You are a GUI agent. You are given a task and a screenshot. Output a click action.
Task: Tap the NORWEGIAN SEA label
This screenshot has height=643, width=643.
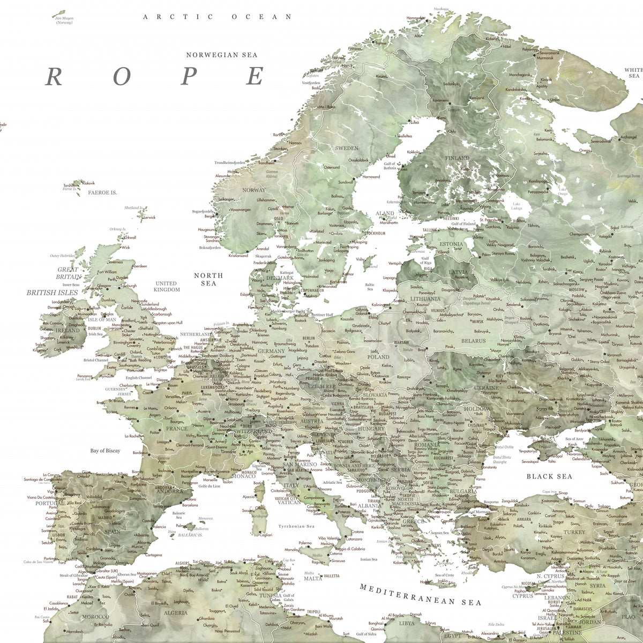[x=221, y=55]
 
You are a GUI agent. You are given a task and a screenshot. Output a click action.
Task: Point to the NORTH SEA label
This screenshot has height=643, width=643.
[x=208, y=279]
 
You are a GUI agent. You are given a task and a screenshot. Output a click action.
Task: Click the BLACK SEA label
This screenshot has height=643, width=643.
[x=549, y=476]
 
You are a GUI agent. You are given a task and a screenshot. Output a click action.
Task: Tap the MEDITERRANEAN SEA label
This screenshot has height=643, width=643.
[x=421, y=595]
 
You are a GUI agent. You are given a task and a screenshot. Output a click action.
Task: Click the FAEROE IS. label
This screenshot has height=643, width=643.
[x=102, y=192]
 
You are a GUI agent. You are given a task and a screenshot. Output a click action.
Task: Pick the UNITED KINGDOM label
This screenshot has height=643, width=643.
[x=166, y=286]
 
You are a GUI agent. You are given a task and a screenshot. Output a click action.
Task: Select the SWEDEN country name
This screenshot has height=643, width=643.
[x=347, y=148]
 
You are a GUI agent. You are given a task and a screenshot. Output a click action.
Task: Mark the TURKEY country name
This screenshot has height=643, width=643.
[x=574, y=532]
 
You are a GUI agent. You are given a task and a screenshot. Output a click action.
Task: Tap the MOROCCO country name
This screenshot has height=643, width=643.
[x=95, y=616]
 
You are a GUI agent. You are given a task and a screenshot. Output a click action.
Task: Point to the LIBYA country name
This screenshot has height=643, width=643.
[x=407, y=623]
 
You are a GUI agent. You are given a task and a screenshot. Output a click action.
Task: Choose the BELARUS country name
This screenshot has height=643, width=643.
[x=473, y=341]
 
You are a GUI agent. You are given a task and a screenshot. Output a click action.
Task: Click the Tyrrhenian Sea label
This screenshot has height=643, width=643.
[x=296, y=526]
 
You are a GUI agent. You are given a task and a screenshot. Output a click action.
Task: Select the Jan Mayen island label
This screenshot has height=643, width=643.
[x=64, y=20]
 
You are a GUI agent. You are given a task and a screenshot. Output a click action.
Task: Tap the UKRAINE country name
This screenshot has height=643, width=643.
[x=487, y=387]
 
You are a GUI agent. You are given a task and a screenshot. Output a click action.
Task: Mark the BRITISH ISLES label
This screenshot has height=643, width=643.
[x=52, y=293]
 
